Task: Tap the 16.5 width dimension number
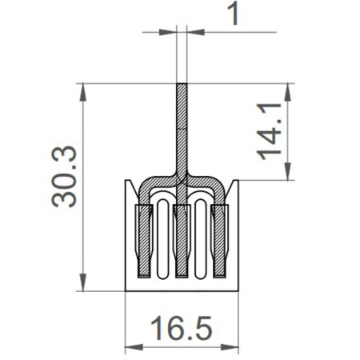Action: coord(182,328)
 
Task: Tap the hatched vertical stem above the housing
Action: coord(182,128)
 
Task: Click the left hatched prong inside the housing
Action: coord(144,240)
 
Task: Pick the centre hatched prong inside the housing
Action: coord(182,240)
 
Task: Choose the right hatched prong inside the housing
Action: coord(219,240)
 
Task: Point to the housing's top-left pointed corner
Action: coord(127,182)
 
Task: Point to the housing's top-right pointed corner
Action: coord(237,182)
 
